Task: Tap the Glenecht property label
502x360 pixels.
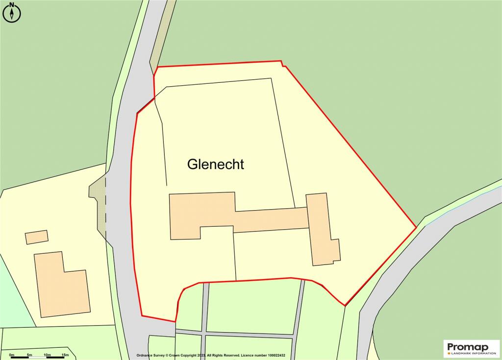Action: (x=215, y=165)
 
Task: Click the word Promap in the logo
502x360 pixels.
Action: (x=467, y=347)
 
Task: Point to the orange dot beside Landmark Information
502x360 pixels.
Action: (x=449, y=353)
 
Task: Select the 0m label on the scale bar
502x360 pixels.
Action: (x=11, y=354)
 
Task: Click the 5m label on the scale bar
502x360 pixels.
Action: (x=29, y=354)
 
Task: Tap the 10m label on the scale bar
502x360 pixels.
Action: (x=47, y=354)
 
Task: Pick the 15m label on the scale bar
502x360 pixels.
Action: (x=65, y=354)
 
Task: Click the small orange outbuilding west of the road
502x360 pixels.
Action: (x=37, y=237)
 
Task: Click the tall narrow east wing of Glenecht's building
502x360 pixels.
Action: (x=321, y=228)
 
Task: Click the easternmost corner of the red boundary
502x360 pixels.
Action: (x=416, y=227)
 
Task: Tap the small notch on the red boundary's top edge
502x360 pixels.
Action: (x=283, y=63)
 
